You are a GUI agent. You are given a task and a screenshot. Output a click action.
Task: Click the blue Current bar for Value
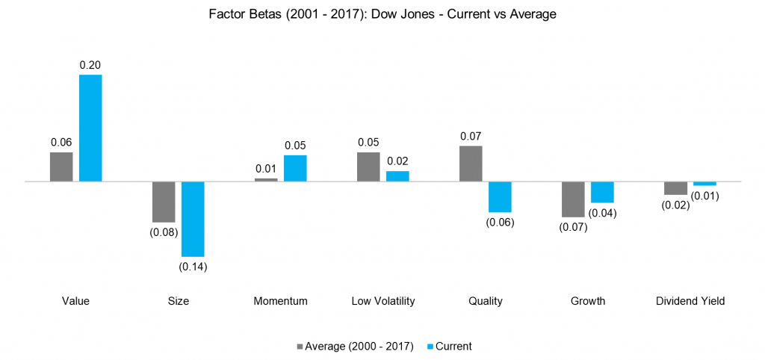pos(90,128)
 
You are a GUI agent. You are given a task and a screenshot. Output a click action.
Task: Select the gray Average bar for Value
pos(61,167)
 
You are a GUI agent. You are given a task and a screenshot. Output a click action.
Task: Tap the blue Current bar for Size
pos(193,219)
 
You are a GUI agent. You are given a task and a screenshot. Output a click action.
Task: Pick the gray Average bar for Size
pos(164,202)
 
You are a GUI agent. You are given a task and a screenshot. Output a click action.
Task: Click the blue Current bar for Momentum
pos(295,168)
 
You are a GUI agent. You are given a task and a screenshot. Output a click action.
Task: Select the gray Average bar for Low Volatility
pos(368,167)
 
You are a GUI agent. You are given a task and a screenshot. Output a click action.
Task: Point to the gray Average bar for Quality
pos(471,164)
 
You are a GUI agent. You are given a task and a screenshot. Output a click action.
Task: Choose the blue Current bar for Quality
pos(500,196)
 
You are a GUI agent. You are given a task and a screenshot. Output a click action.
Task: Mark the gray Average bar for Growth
pos(573,199)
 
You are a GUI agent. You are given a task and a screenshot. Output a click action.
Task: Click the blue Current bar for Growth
pos(602,192)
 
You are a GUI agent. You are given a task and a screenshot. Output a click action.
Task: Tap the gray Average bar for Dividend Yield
pos(675,188)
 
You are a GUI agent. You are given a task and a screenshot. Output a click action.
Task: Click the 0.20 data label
pos(90,65)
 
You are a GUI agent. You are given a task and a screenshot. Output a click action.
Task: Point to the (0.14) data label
pos(193,267)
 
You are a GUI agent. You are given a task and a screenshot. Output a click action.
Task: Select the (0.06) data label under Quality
pos(500,222)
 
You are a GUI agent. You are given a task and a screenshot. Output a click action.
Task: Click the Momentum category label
pos(281,302)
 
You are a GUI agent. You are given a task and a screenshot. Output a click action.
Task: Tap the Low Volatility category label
pos(383,302)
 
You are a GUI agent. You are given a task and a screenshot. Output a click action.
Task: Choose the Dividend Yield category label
pos(690,302)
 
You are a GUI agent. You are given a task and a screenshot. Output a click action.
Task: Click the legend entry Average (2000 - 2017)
pos(356,346)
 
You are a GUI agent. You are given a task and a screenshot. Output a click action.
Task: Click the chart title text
pos(382,14)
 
